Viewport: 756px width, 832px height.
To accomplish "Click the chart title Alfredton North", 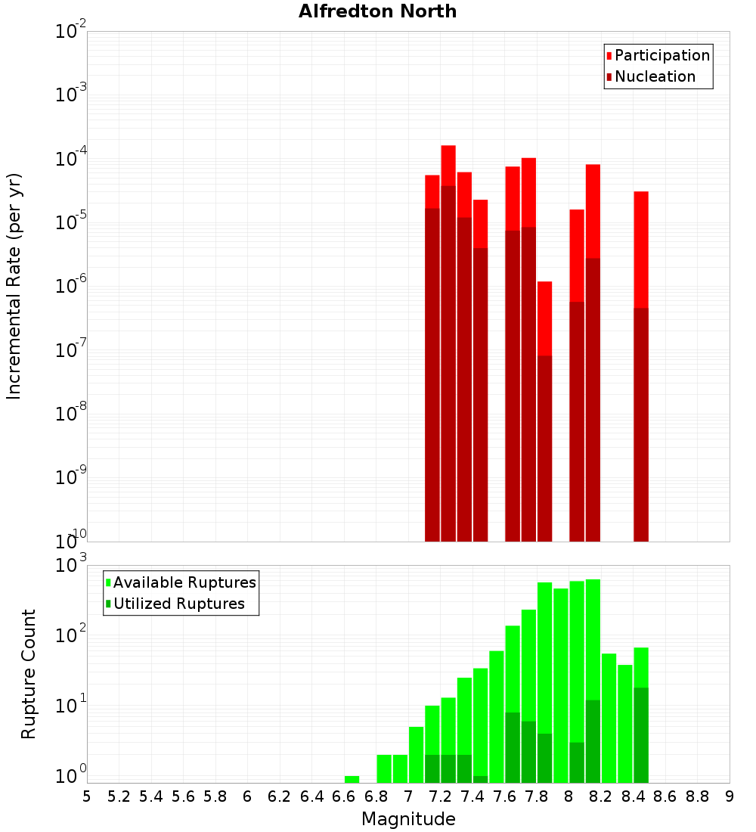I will point(377,11).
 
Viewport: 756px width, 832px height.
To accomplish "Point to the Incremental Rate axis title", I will point(14,286).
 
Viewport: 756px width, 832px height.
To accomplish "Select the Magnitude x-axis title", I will point(408,819).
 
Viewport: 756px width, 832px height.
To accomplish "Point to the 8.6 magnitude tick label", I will point(665,796).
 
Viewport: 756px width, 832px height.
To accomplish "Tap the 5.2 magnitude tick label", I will point(119,796).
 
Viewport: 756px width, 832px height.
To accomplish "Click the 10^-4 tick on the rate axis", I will point(71,158).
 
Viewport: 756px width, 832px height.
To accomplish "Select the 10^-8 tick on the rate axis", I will point(71,413).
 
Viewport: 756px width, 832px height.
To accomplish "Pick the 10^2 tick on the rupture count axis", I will point(71,634).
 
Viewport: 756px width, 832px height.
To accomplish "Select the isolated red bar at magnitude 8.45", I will point(641,250).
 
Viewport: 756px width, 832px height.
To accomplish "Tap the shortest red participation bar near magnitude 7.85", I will point(544,318).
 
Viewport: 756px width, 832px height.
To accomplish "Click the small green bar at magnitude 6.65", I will point(352,779).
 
